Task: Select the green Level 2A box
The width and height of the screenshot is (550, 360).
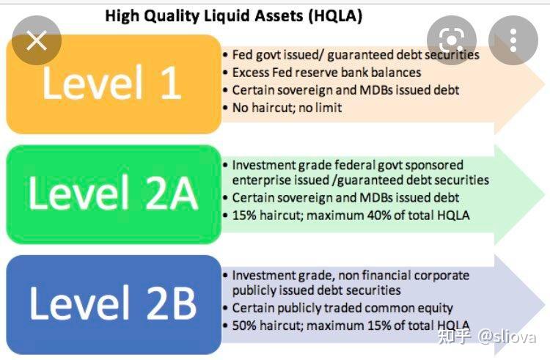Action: pos(114,194)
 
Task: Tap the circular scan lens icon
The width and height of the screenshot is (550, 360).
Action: pos(452,40)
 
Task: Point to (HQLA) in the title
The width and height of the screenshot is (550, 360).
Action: pos(333,15)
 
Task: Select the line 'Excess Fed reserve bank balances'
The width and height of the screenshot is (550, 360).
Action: pos(326,73)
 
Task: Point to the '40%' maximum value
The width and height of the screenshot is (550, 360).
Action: pos(386,215)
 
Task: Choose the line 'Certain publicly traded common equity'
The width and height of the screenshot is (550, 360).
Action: pos(342,308)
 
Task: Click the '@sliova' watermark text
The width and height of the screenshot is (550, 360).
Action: pos(507,337)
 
